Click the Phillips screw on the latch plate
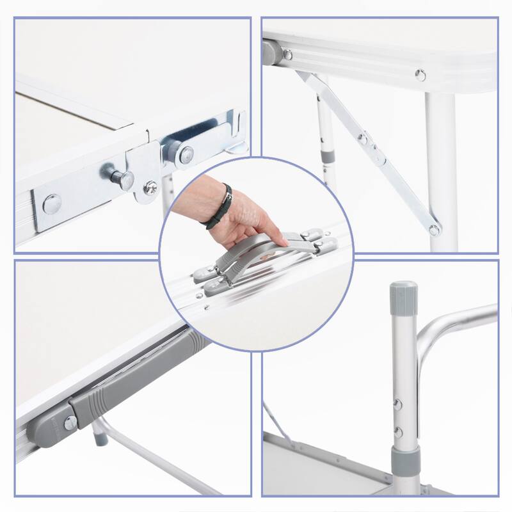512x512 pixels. pos(151,187)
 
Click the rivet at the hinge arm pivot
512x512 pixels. pos(186,152)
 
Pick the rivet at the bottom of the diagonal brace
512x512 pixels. pos(434,229)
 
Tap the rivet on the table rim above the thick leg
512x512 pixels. pos(420,75)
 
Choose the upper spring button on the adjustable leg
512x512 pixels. pos(398,404)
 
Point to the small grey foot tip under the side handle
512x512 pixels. pos(100,440)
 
